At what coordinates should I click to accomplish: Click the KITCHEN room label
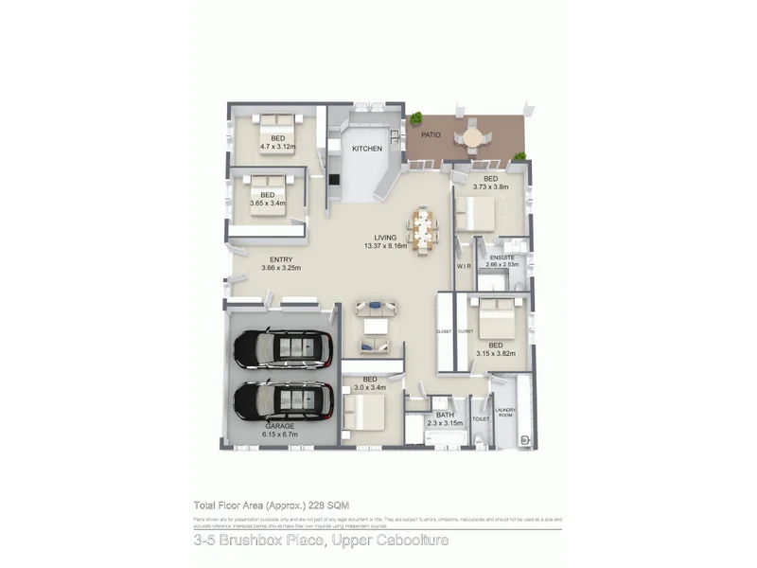pyautogui.click(x=367, y=149)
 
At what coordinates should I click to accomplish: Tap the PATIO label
pyautogui.click(x=431, y=134)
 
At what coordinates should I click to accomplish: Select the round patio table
pyautogui.click(x=471, y=136)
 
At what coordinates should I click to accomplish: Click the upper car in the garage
pyautogui.click(x=284, y=348)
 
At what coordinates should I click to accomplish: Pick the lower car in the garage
pyautogui.click(x=283, y=402)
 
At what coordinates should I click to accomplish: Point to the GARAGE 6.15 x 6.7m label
pyautogui.click(x=279, y=431)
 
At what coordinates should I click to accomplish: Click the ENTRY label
pyautogui.click(x=280, y=260)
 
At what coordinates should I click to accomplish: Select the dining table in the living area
pyautogui.click(x=422, y=230)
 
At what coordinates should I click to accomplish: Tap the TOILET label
pyautogui.click(x=480, y=417)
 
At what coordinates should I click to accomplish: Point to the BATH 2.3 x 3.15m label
pyautogui.click(x=446, y=418)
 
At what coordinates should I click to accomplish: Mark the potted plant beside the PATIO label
pyautogui.click(x=415, y=119)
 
